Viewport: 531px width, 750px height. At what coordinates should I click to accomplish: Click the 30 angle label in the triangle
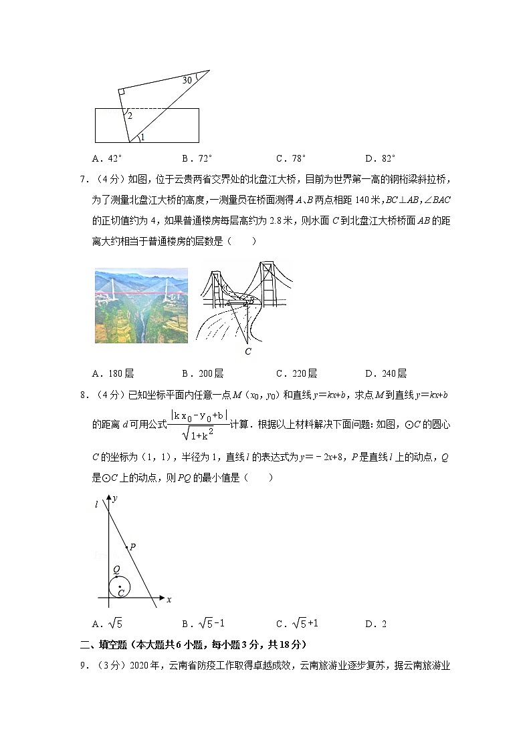(187, 80)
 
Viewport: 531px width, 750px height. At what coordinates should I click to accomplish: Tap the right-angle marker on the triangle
(122, 92)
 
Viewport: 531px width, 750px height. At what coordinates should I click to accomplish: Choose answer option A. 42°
(108, 158)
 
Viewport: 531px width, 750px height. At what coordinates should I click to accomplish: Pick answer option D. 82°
(381, 158)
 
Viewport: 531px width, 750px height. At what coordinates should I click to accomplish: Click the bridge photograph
(141, 306)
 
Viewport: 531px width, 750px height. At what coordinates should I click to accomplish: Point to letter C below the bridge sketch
(247, 351)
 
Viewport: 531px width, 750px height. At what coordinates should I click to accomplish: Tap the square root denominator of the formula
(201, 435)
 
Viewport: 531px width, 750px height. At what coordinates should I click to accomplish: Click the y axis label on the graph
(116, 498)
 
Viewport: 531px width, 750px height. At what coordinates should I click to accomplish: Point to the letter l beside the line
(98, 506)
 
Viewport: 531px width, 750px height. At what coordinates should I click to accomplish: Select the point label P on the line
(133, 547)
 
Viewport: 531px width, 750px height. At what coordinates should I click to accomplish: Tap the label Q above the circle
(116, 570)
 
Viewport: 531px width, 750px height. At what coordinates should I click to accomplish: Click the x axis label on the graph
(169, 600)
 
